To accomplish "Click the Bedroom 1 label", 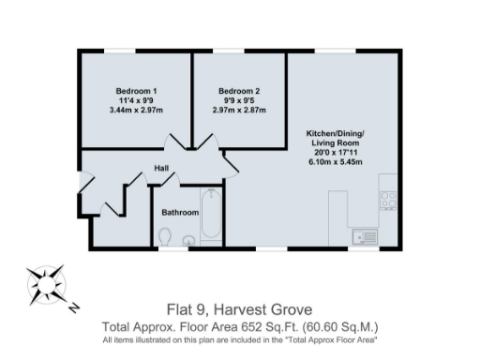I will click(x=136, y=90).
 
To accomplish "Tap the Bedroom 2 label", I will click(x=239, y=90).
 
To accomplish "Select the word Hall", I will click(x=161, y=170).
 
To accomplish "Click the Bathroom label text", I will click(x=180, y=213).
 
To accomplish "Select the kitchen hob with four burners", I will click(x=387, y=200).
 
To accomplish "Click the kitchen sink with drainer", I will click(x=366, y=237).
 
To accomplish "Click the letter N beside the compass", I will click(x=73, y=307).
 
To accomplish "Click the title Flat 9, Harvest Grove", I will click(x=239, y=310).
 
